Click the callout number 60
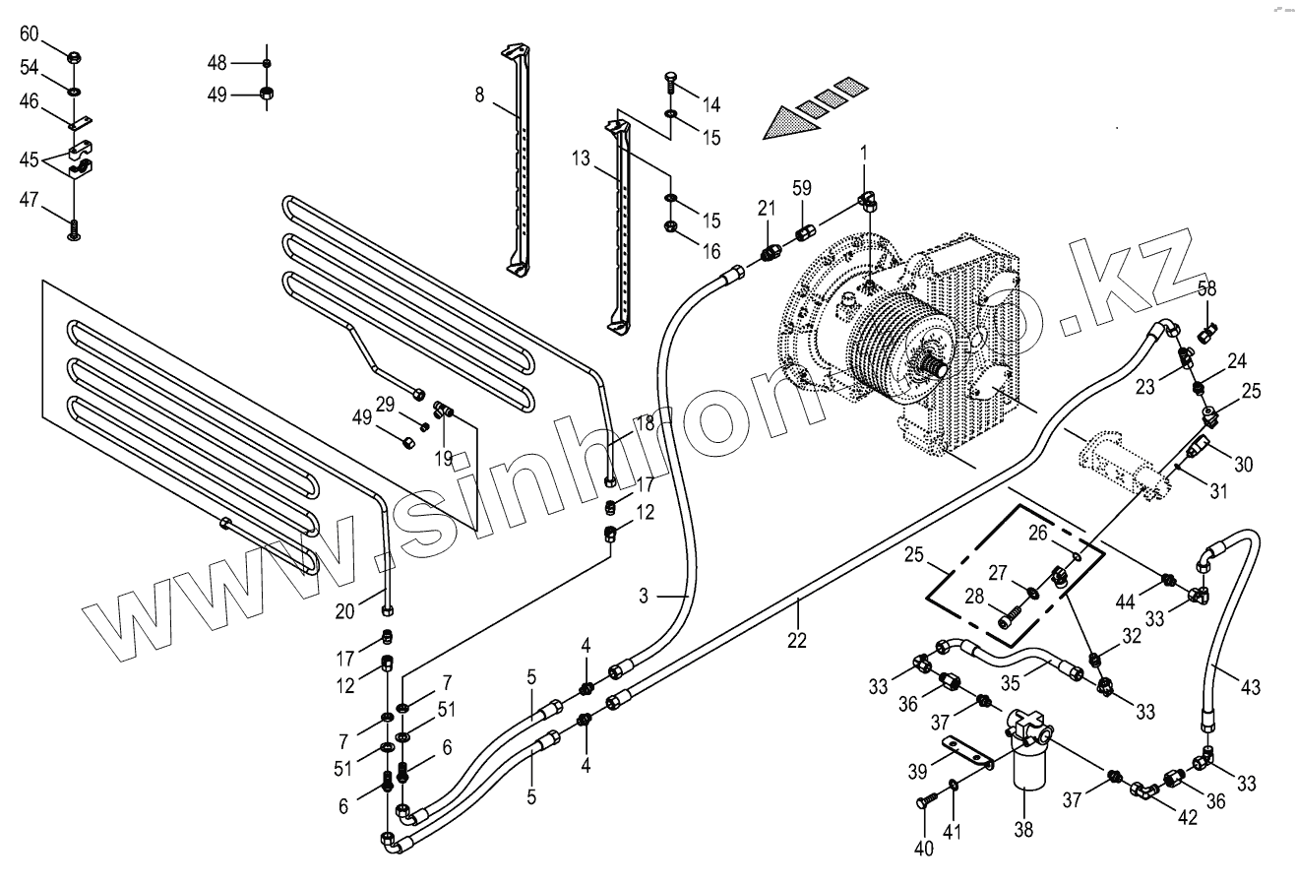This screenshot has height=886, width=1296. pyautogui.click(x=30, y=34)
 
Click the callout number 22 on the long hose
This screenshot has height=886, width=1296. pyautogui.click(x=796, y=639)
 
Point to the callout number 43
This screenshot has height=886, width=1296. pyautogui.click(x=1250, y=687)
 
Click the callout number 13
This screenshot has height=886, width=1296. pyautogui.click(x=582, y=158)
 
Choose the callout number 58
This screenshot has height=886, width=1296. pyautogui.click(x=1207, y=289)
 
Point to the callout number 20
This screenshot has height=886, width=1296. pyautogui.click(x=343, y=611)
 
